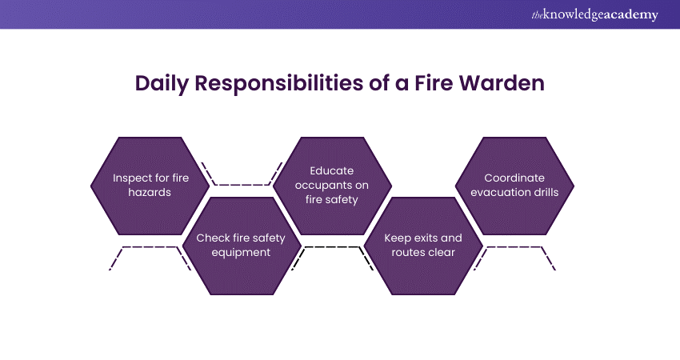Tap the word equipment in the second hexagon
click(x=242, y=253)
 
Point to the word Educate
click(x=332, y=170)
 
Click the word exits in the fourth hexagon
click(x=429, y=238)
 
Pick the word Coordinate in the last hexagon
click(x=514, y=178)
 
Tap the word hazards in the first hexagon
click(x=150, y=194)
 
